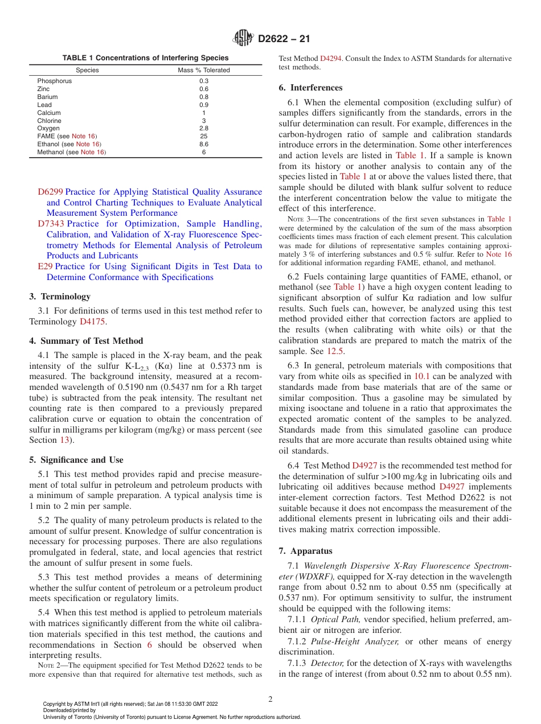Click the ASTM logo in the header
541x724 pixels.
[244, 39]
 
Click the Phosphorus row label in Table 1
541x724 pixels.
[55, 81]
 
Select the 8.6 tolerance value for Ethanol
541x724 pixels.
[204, 145]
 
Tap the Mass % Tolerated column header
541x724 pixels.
[204, 70]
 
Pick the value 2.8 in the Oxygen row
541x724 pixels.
[204, 129]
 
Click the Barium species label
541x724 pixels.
[48, 97]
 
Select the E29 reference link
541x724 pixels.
[44, 266]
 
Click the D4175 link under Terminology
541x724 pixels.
[93, 322]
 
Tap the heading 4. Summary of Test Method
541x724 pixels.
[86, 341]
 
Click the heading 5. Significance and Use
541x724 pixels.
[76, 460]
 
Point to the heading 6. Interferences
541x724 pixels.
[310, 88]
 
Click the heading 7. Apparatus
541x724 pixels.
[305, 551]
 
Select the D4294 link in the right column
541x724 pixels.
[330, 59]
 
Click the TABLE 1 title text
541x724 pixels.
[146, 58]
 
